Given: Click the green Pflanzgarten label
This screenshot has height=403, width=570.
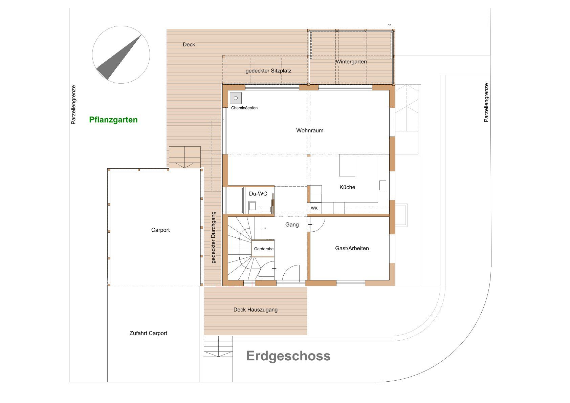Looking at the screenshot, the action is (113, 120).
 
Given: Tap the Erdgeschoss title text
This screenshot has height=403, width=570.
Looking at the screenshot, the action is (288, 356).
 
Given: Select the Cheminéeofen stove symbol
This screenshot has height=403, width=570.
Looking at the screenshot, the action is (236, 98).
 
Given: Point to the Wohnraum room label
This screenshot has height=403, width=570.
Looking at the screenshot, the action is (310, 130).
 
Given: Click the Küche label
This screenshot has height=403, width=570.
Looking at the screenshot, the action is (347, 187).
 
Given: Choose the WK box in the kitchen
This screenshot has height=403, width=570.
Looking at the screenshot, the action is (314, 208).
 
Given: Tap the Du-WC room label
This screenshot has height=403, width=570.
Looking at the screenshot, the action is (258, 194).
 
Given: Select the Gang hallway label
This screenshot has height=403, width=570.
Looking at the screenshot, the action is (292, 225).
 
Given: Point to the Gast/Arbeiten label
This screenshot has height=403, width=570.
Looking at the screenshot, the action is (352, 248).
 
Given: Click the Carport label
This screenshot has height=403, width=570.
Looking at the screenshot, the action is (160, 230).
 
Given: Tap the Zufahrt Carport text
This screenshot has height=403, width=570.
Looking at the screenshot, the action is (148, 333).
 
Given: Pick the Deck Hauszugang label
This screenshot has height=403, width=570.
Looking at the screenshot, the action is (256, 310).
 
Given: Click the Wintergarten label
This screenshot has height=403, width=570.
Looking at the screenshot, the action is (351, 62).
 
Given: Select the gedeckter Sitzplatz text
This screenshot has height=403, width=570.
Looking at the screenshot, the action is (268, 71).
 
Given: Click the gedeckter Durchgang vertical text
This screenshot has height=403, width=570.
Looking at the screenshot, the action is (214, 237).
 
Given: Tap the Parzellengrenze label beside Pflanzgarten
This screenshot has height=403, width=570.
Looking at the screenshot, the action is (73, 105).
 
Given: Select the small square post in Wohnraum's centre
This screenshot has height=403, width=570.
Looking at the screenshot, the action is (309, 155).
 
